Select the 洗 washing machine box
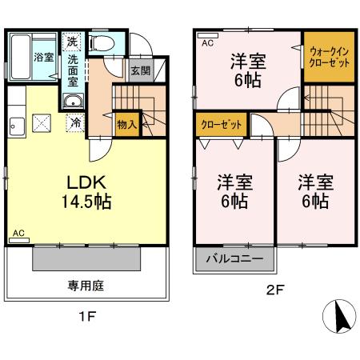click(x=73, y=42)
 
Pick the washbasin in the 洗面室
click(x=73, y=101)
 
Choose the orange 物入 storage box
click(x=126, y=124)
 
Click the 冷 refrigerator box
click(x=74, y=123)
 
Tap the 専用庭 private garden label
click(x=86, y=285)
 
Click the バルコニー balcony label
click(x=234, y=259)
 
